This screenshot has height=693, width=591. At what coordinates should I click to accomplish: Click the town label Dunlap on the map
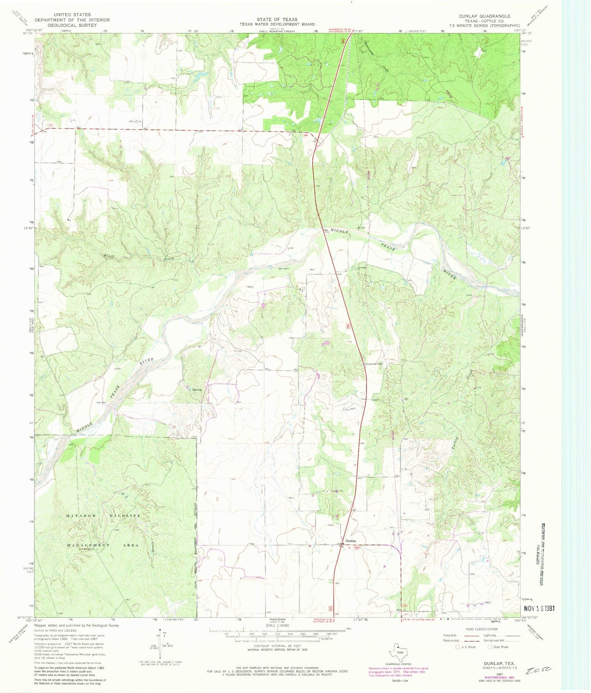(351, 540)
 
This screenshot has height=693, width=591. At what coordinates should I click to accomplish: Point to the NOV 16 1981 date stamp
(539, 608)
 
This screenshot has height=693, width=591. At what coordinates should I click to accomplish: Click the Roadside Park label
(373, 364)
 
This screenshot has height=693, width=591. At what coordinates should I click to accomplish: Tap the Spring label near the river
(197, 389)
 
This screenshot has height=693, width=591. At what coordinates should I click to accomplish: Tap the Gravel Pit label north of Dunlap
(336, 491)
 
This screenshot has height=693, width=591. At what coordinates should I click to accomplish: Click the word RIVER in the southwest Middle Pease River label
(146, 362)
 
